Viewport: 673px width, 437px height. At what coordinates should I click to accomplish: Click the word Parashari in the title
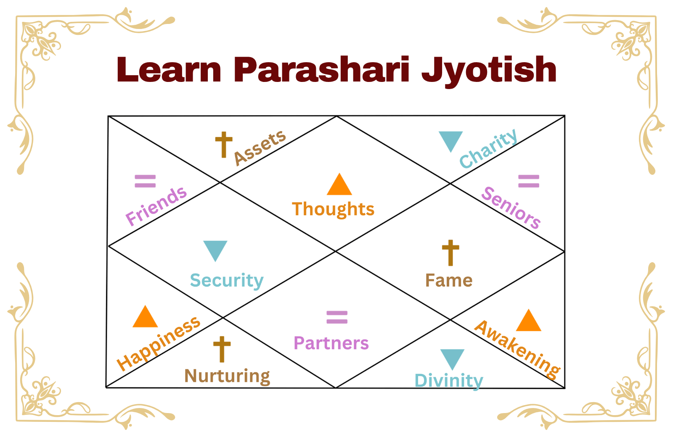[x=321, y=70]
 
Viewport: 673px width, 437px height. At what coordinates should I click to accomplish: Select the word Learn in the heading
[x=169, y=70]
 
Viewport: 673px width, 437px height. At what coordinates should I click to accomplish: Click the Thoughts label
[x=333, y=209]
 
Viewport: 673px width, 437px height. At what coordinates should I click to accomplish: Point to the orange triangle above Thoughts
[x=339, y=185]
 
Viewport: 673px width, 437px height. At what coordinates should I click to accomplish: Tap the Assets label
[x=260, y=147]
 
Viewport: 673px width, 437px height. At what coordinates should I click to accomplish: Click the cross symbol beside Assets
[x=224, y=145]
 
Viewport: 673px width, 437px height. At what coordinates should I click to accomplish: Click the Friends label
[x=156, y=205]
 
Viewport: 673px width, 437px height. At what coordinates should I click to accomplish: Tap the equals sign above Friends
[x=145, y=181]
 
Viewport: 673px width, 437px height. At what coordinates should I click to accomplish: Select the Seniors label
[x=511, y=208]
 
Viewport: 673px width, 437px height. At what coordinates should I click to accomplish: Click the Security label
[x=227, y=281]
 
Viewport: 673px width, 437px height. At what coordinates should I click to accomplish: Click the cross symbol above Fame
[x=450, y=253]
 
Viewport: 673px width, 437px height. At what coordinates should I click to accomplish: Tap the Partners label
[x=331, y=343]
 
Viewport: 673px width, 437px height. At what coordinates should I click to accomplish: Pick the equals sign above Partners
[x=337, y=317]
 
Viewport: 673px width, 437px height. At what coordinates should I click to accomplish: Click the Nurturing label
[x=227, y=376]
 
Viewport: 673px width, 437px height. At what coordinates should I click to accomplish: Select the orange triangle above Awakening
[x=528, y=321]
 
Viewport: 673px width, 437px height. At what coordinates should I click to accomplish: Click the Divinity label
[x=449, y=381]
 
